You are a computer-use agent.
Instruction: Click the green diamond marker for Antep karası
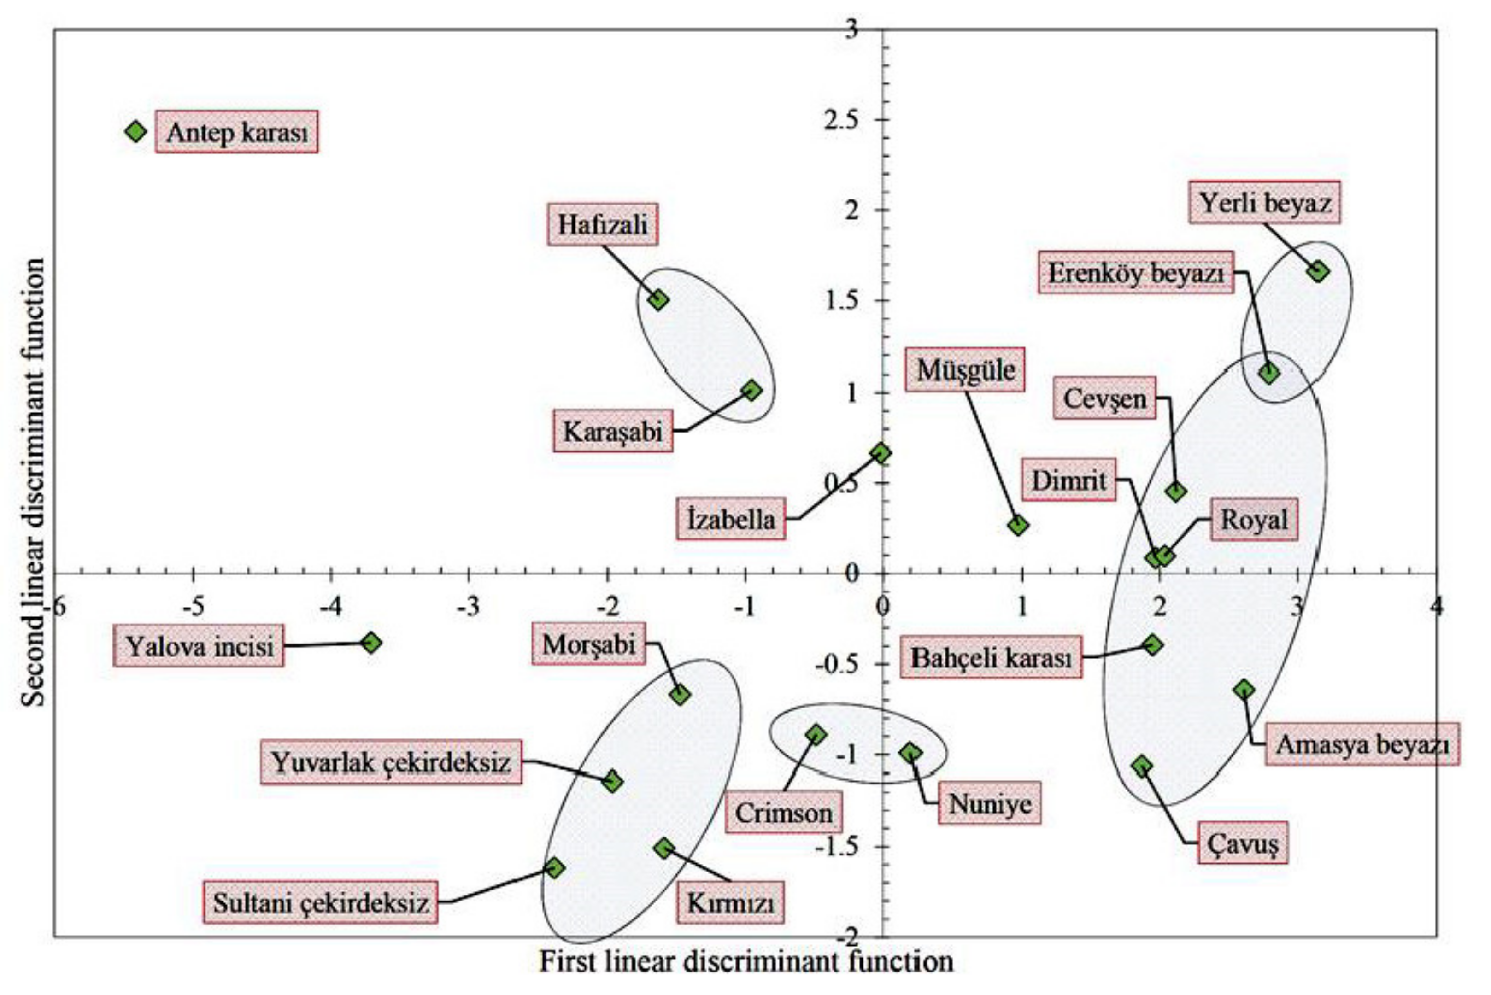point(135,132)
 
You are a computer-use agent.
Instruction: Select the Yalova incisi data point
point(371,642)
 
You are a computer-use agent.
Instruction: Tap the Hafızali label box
point(602,225)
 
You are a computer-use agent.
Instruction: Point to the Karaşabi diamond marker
point(751,390)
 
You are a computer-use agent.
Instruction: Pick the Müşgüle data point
point(1018,526)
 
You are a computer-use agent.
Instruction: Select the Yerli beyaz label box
point(1264,203)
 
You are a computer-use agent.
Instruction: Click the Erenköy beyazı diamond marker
point(1269,373)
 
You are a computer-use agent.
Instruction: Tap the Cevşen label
point(1104,398)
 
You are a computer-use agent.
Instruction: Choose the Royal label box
point(1254,520)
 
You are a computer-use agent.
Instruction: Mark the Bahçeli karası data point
point(1153,645)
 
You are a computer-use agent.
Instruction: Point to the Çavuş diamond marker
point(1142,766)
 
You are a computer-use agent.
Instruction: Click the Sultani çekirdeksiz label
point(321,903)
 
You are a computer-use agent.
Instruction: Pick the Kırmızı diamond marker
point(664,848)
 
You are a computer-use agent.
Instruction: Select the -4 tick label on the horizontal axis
point(331,607)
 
